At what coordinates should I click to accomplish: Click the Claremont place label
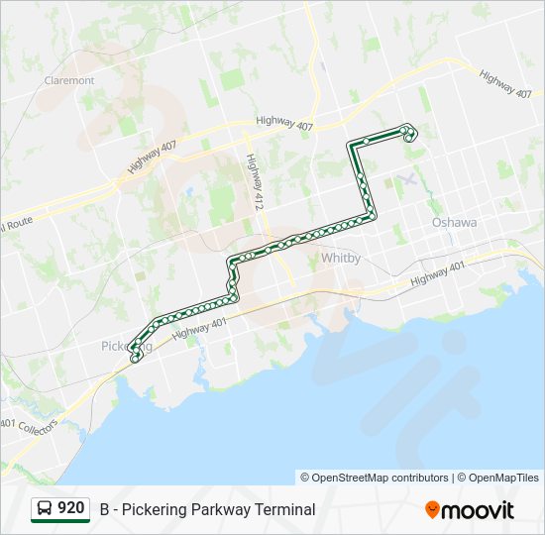tap(68, 80)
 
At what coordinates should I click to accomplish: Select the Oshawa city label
tap(454, 223)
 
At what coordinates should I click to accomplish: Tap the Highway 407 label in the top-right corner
tap(505, 83)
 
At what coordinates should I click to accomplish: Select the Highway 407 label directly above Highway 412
tap(283, 123)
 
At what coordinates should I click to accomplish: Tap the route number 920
tap(70, 508)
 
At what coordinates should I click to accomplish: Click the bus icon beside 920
tap(45, 509)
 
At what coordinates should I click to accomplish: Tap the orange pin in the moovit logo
tap(432, 509)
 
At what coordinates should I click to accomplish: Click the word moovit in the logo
tap(479, 509)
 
